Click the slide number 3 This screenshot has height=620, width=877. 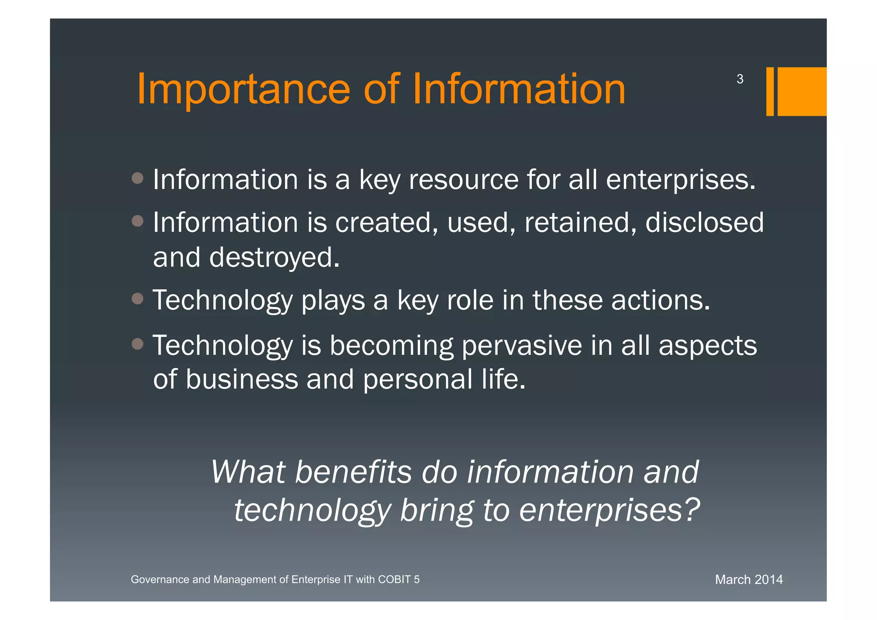[x=740, y=79]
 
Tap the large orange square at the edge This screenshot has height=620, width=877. [x=802, y=91]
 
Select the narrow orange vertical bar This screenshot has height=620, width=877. [x=770, y=91]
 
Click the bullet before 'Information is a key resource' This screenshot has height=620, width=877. [x=137, y=178]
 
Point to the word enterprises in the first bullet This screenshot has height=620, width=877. [x=680, y=180]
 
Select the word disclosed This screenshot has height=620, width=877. [x=704, y=223]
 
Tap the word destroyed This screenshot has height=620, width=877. [x=274, y=258]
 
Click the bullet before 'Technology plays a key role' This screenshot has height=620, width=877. [x=137, y=299]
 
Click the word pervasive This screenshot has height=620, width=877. [x=522, y=346]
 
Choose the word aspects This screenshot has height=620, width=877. [x=707, y=346]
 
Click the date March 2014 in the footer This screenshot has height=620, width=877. [x=749, y=580]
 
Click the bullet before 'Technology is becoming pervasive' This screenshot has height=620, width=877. [x=137, y=344]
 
